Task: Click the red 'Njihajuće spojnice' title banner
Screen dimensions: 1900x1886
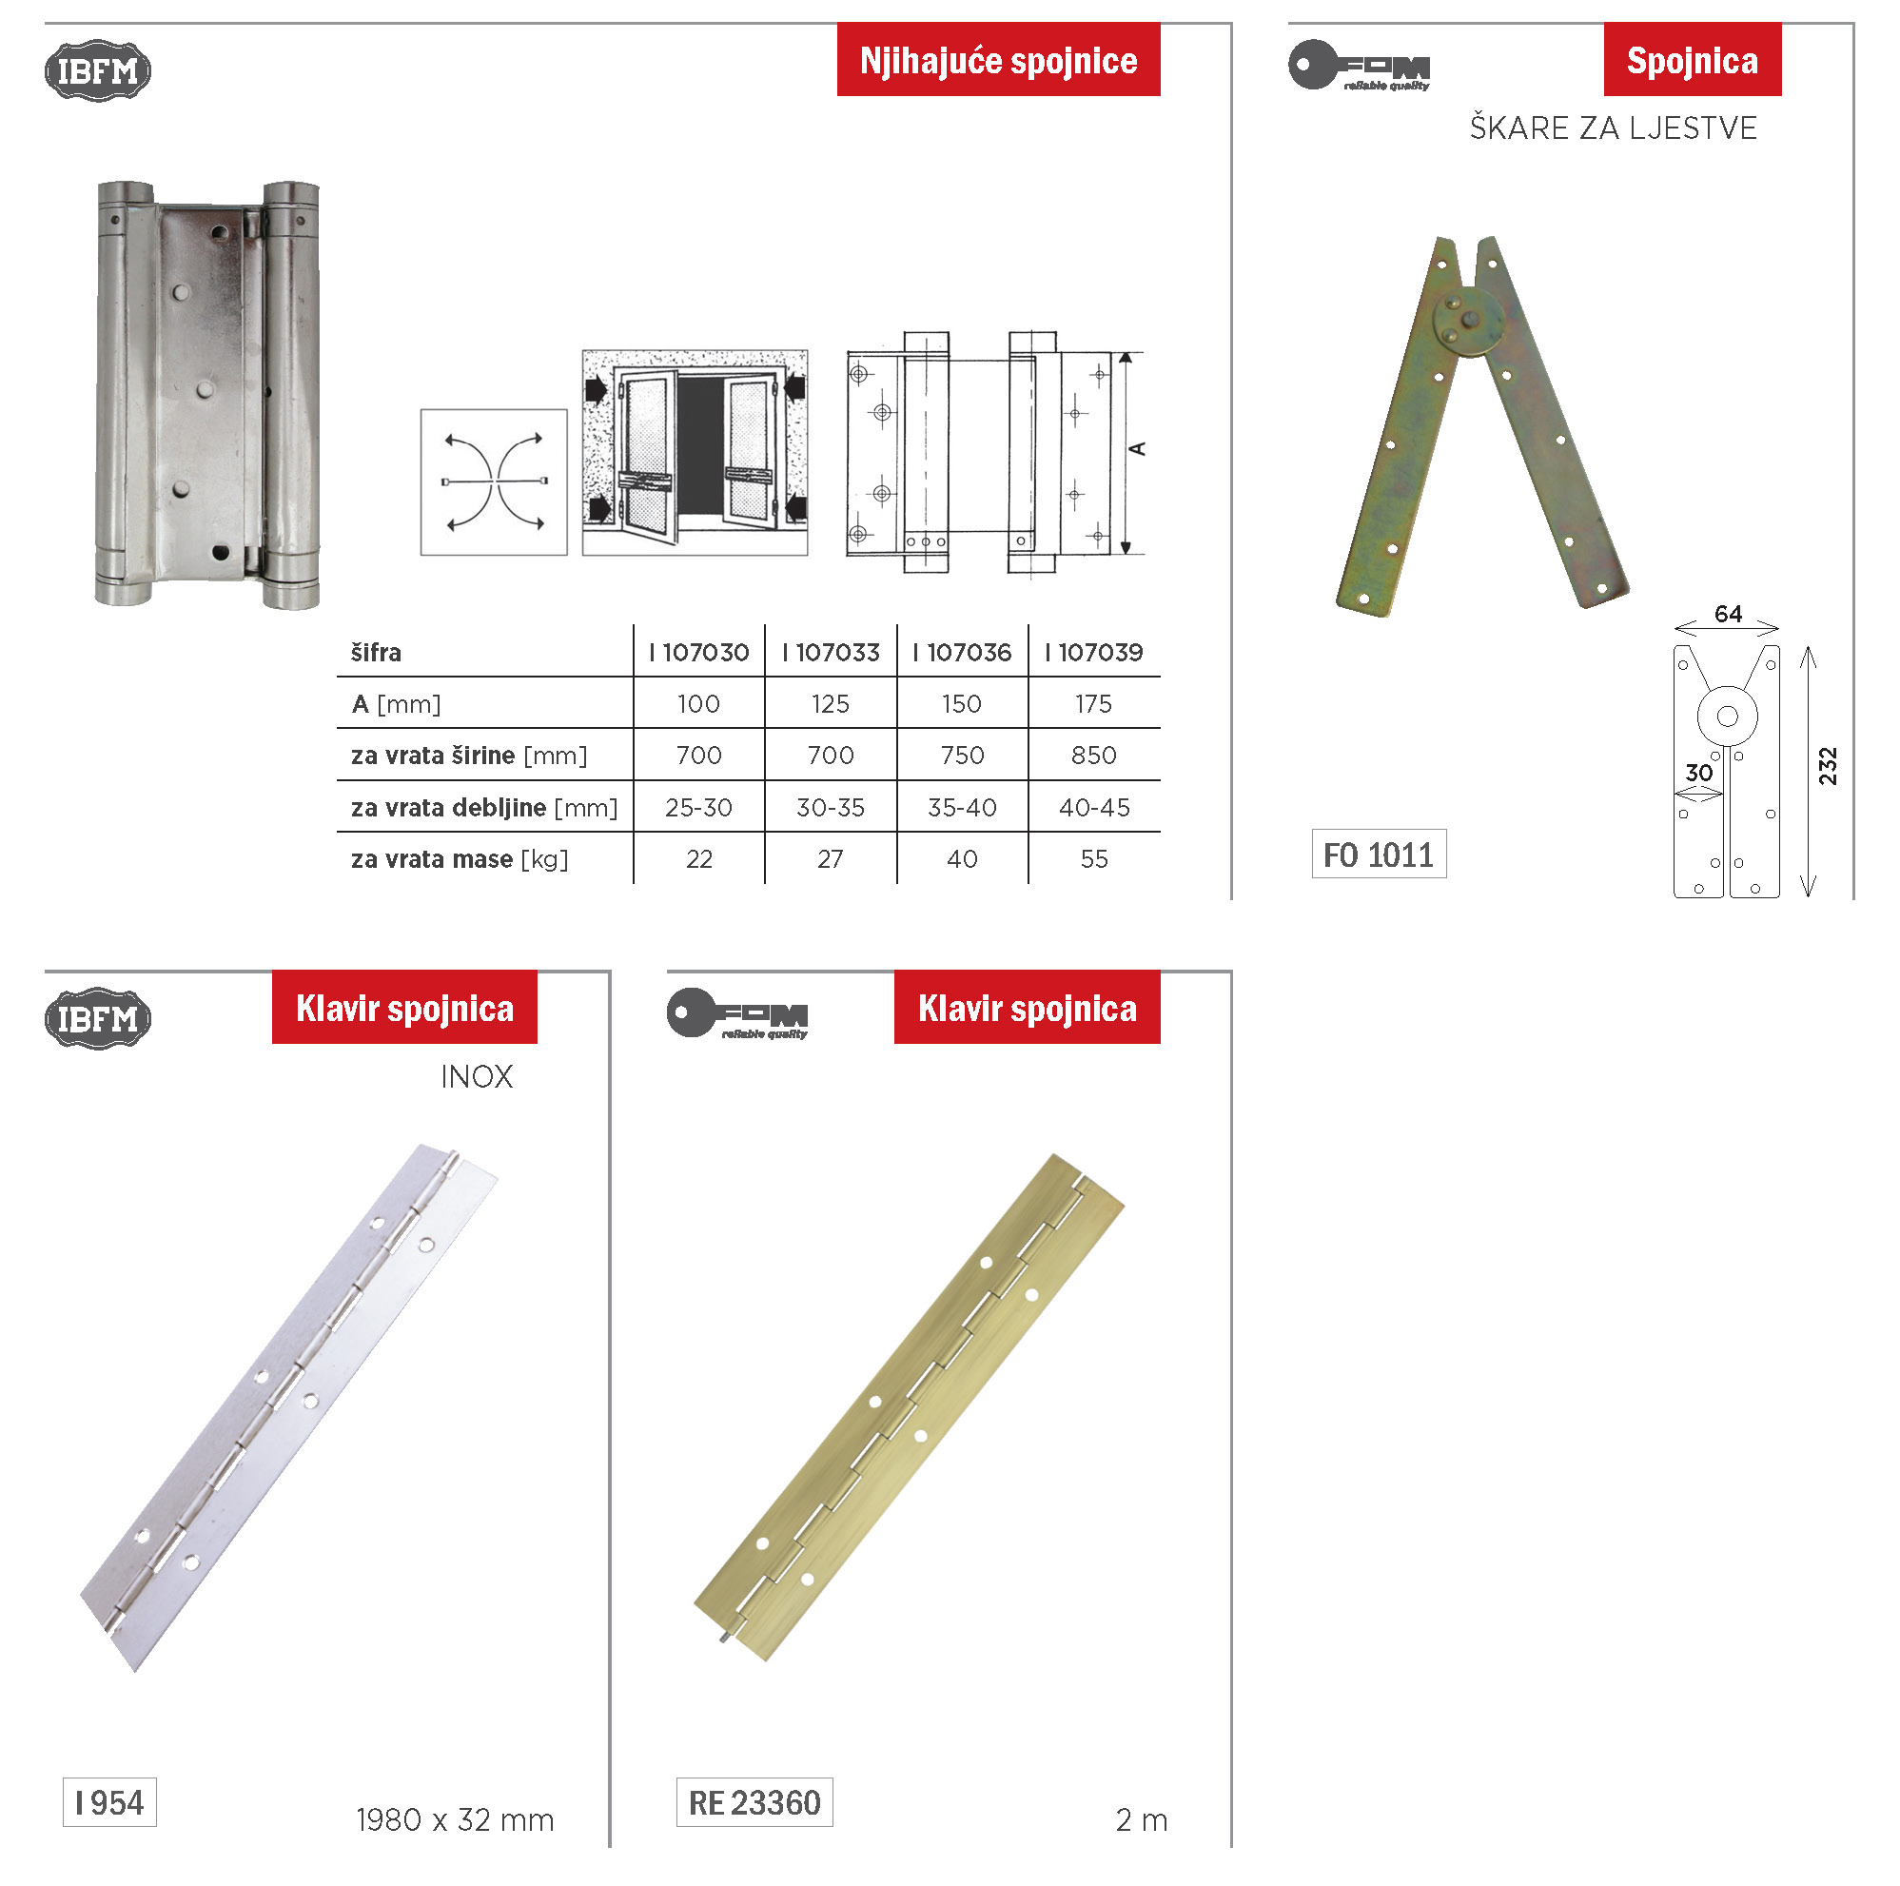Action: pyautogui.click(x=998, y=59)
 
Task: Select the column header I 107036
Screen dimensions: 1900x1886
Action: pyautogui.click(x=962, y=652)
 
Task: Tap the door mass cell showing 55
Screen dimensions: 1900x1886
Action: pyautogui.click(x=1093, y=859)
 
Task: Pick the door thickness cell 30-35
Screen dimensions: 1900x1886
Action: pyautogui.click(x=830, y=808)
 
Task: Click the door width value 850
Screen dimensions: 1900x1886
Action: pyautogui.click(x=1093, y=756)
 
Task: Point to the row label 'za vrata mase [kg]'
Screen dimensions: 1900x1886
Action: pyautogui.click(x=460, y=859)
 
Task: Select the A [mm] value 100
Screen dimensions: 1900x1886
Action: pyautogui.click(x=698, y=704)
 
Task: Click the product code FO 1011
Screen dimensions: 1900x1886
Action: pyautogui.click(x=1379, y=854)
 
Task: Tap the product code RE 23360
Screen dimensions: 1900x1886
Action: pyautogui.click(x=754, y=1802)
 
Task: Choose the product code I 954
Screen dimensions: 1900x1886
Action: pyautogui.click(x=109, y=1802)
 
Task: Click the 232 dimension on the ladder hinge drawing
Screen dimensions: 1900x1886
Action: pyautogui.click(x=1828, y=766)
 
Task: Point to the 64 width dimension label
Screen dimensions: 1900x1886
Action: pyautogui.click(x=1728, y=614)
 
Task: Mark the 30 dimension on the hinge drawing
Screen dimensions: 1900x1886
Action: pyautogui.click(x=1698, y=773)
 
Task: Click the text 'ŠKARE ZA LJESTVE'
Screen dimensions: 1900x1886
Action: pyautogui.click(x=1613, y=128)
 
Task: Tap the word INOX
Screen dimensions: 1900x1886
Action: pyautogui.click(x=477, y=1077)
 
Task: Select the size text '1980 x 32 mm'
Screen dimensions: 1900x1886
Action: pyautogui.click(x=456, y=1820)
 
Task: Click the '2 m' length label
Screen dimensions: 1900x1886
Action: pyautogui.click(x=1142, y=1820)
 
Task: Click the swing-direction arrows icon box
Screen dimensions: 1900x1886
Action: pyautogui.click(x=494, y=482)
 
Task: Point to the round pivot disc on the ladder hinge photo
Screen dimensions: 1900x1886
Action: pyautogui.click(x=1467, y=321)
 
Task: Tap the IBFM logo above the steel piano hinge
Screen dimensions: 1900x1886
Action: pyautogui.click(x=97, y=1018)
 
